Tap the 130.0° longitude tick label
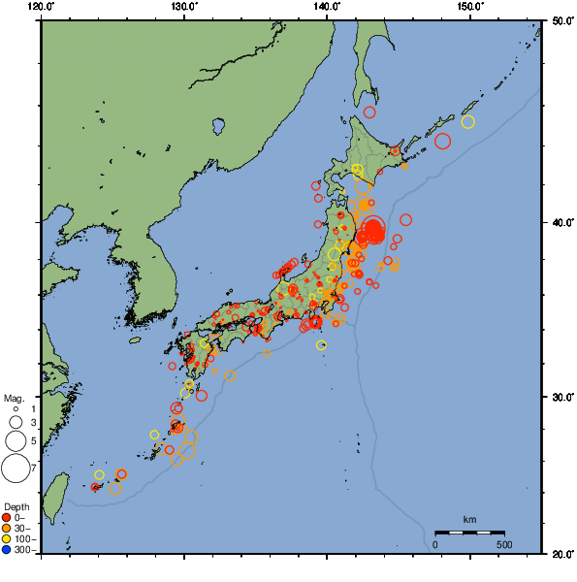(x=184, y=7)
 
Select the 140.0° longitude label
(x=327, y=7)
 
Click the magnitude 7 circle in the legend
(x=16, y=469)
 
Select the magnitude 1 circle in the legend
(x=16, y=409)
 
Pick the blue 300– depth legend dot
(x=8, y=550)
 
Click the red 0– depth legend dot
(x=8, y=517)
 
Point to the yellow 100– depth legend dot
(x=8, y=538)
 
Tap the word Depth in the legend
(x=16, y=507)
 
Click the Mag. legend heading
(x=14, y=398)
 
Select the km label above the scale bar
(x=469, y=520)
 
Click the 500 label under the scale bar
(x=504, y=544)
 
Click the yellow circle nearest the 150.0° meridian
(x=468, y=122)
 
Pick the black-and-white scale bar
(x=469, y=533)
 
